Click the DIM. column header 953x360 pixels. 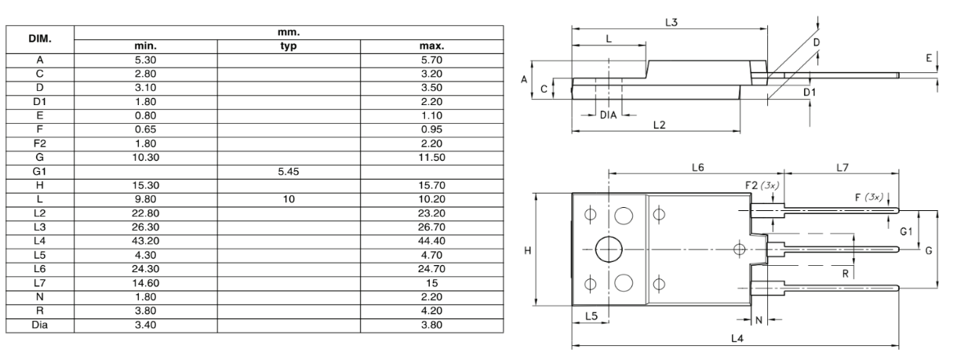click(x=39, y=38)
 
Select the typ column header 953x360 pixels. click(x=289, y=46)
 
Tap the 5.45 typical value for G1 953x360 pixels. click(x=289, y=172)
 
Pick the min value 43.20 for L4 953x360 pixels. click(x=146, y=241)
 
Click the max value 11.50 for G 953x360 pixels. click(x=431, y=158)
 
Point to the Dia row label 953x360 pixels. click(x=39, y=325)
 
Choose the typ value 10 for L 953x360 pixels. click(x=289, y=199)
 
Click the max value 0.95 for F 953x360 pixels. click(x=431, y=129)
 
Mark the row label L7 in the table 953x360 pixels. click(x=39, y=283)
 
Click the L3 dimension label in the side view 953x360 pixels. click(x=671, y=22)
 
